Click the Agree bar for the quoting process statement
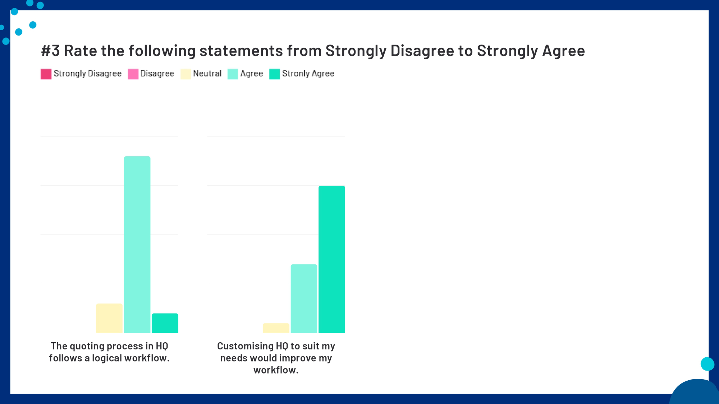pos(137,244)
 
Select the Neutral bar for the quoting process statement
pos(109,318)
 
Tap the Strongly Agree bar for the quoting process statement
pos(165,323)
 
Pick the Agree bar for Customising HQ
pos(304,298)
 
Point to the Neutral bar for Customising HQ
pos(276,328)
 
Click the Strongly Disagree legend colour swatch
pos(46,74)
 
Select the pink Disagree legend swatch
pos(133,74)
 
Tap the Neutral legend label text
pos(207,74)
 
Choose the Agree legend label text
pos(252,74)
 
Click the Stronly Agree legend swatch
pos(274,74)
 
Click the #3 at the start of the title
pos(50,51)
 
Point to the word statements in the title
pos(241,51)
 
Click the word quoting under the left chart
pos(87,346)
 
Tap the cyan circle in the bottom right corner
pos(707,364)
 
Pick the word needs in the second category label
pos(234,358)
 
